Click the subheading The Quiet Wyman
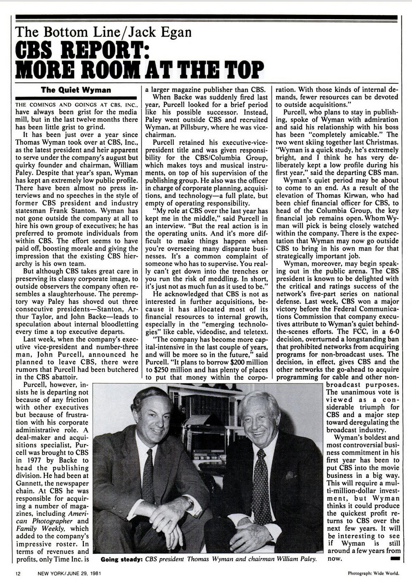pos(76,90)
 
